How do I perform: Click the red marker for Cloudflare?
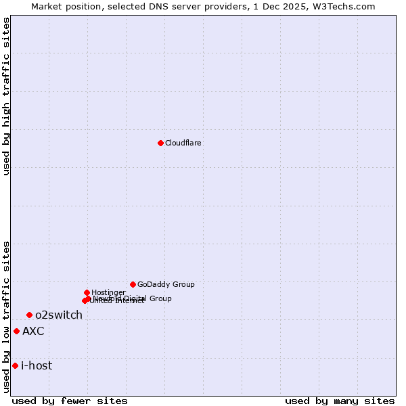pos(160,143)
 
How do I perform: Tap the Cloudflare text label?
pos(183,143)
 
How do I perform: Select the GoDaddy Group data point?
pos(133,284)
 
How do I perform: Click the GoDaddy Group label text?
pos(166,285)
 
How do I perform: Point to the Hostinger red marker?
pos(87,292)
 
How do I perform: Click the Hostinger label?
pos(108,292)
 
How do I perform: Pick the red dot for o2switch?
pos(29,315)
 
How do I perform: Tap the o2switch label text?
pos(59,315)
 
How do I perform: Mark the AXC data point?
pos(16,331)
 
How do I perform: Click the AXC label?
pos(33,332)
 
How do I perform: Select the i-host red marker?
pos(15,365)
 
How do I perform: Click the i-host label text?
pos(37,366)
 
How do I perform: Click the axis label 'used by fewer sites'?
pos(70,401)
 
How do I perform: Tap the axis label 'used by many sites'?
pos(340,401)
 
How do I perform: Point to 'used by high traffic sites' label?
pos(6,96)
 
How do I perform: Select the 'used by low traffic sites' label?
pos(6,317)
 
